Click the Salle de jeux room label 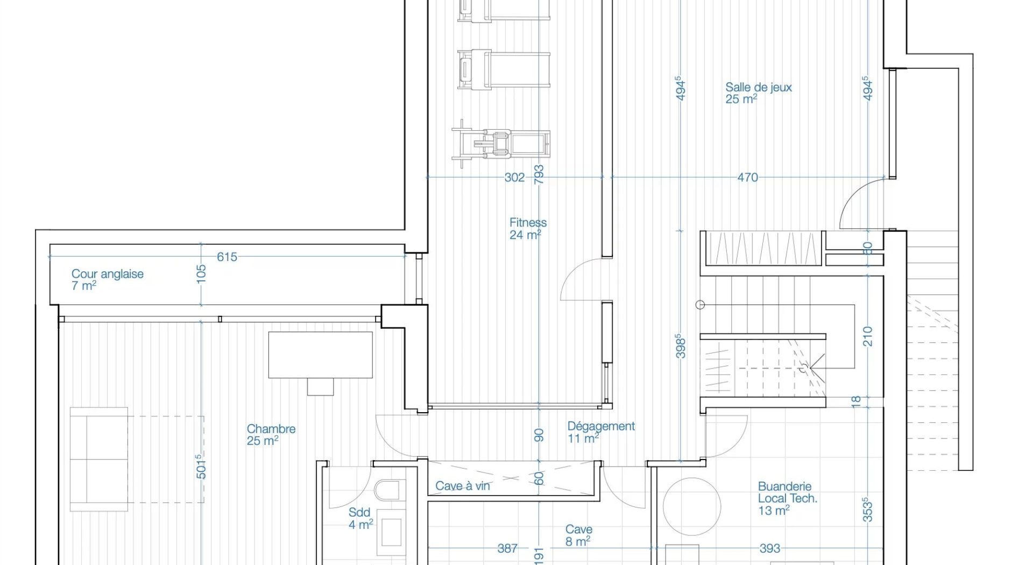(x=759, y=93)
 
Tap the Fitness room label (x=528, y=228)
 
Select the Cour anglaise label (x=108, y=279)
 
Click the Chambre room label (x=271, y=435)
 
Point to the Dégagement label (x=601, y=432)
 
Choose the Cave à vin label (x=463, y=486)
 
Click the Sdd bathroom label (x=360, y=518)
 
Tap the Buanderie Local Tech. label (x=788, y=499)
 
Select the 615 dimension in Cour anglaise (x=227, y=257)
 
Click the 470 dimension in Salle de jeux (x=748, y=177)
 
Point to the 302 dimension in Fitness (x=514, y=177)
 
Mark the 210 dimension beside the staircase (x=867, y=336)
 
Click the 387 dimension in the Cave (x=507, y=548)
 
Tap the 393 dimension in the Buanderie (x=770, y=548)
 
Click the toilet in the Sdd (x=387, y=490)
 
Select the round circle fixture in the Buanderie (x=692, y=506)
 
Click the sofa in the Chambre (x=99, y=459)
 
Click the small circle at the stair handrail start (x=700, y=305)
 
